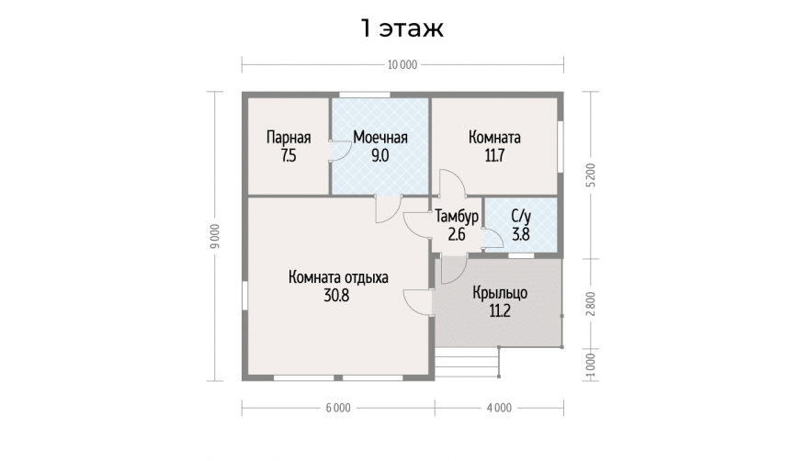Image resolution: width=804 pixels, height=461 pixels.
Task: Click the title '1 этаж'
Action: (402, 28)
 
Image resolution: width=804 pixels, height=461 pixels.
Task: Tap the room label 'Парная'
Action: (289, 138)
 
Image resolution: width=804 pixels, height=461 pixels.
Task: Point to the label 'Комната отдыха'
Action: (338, 277)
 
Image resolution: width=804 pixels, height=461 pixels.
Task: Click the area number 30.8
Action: (336, 296)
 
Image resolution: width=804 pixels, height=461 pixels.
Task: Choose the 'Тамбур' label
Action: (457, 217)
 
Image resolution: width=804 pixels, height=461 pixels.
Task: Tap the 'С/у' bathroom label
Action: (521, 216)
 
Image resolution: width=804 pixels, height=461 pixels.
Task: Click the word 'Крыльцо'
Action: (500, 293)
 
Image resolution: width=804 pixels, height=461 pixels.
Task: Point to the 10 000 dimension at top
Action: (402, 64)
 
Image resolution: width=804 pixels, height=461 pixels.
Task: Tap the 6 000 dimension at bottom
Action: (338, 408)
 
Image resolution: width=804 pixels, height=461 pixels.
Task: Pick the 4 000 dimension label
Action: (499, 408)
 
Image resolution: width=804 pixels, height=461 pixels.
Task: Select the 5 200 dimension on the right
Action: (591, 175)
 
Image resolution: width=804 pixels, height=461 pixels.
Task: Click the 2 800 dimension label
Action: (591, 303)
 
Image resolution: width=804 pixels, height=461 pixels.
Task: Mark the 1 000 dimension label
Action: (591, 365)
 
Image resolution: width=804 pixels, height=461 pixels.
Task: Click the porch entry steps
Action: (467, 363)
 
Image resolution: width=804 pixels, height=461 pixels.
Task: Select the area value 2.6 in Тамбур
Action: (457, 234)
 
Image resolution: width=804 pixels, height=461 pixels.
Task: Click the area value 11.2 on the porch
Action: (500, 311)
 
